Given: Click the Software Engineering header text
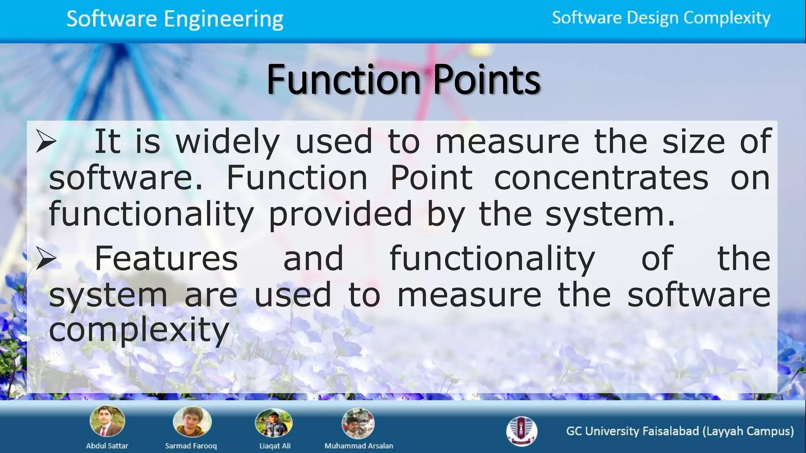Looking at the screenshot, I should pos(175,19).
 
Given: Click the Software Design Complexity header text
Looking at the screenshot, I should pos(661,18).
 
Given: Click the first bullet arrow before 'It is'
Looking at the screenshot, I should pos(46,142).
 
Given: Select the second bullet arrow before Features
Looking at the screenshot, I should pos(46,259).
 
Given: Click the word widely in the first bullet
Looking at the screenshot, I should pos(227,142).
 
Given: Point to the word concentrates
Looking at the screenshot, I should pos(601,178).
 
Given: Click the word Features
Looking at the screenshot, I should pos(166,259).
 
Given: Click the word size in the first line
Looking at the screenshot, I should pos(693,142).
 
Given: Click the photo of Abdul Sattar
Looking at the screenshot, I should pos(107,421).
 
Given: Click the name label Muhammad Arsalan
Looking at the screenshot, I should pos(359,446).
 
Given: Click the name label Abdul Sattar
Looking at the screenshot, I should pos(107,446).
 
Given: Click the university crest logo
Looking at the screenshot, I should pos(521,431).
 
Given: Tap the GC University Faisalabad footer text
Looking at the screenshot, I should pos(680,431).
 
